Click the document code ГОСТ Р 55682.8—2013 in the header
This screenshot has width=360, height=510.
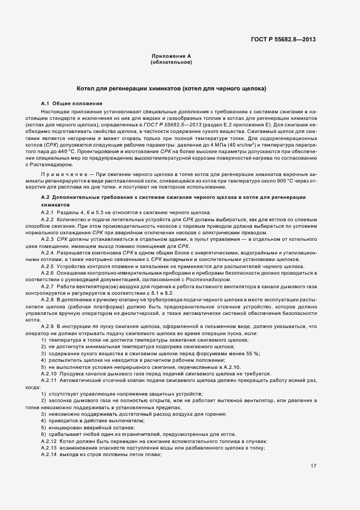284,39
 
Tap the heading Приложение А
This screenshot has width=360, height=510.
171,56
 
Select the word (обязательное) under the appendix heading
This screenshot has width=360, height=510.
171,62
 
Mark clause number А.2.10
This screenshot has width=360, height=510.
50,373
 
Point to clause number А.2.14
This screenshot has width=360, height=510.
50,454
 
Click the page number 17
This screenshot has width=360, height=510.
313,466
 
